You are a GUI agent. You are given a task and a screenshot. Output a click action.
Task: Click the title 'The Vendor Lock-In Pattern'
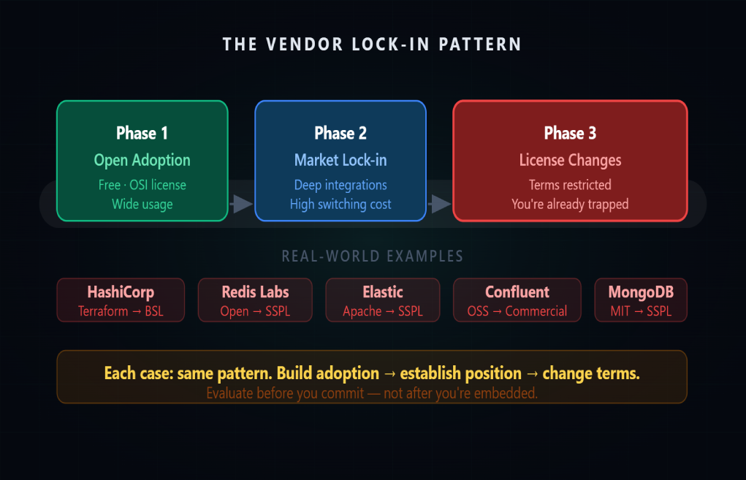coord(373,44)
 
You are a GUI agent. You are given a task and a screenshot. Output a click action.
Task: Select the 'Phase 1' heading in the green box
coord(142,133)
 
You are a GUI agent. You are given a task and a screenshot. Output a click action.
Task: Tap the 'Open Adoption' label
coord(142,160)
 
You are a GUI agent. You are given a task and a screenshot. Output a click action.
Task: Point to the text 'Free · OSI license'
coord(142,185)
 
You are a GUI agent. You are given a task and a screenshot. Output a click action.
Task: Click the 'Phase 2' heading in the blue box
coord(340,133)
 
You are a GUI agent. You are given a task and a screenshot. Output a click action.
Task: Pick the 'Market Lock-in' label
coord(340,160)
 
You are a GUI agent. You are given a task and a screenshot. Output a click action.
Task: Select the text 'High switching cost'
coord(340,204)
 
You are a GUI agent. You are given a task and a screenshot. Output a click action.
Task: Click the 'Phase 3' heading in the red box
coord(570,133)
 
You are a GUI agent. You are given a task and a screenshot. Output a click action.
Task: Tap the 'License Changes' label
coord(570,160)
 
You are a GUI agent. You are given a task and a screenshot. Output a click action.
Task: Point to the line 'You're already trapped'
coord(570,204)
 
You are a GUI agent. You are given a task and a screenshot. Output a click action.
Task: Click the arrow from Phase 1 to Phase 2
coord(241,204)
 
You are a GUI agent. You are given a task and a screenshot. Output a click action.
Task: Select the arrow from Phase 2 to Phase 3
coord(440,204)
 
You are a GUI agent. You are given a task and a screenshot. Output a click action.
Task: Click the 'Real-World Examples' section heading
coord(373,256)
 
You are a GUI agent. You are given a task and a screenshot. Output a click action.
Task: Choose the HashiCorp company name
coord(121,292)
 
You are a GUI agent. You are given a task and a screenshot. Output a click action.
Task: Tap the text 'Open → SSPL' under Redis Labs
coord(255,311)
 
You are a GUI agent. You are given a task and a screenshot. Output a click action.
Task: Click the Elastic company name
coord(383,292)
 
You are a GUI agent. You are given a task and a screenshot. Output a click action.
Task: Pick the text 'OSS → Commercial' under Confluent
coord(517,311)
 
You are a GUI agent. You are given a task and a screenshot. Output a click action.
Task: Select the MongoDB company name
coord(641,292)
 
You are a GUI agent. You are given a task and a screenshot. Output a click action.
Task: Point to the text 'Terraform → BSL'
coord(121,311)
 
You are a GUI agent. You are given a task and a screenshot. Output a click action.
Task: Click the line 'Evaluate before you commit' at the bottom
coord(372,393)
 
